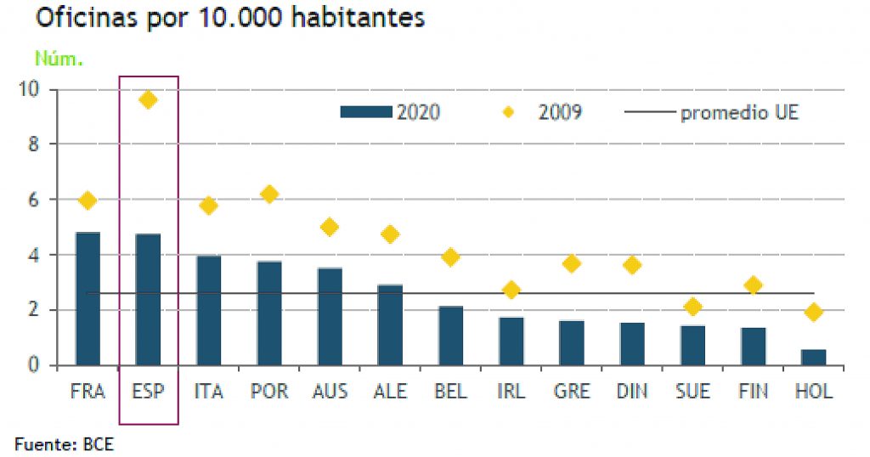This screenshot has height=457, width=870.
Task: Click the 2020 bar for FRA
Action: (88, 298)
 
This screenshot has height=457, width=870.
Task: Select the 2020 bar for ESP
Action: (148, 299)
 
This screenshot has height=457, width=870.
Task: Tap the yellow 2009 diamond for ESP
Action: (148, 100)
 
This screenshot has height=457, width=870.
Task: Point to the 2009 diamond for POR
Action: (269, 194)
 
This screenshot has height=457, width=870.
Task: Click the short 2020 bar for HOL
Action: (813, 357)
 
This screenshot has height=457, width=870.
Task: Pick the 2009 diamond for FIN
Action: (753, 285)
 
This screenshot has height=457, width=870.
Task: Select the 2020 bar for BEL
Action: (451, 336)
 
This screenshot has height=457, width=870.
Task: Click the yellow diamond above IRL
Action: (511, 290)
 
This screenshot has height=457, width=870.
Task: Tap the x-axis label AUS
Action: (330, 392)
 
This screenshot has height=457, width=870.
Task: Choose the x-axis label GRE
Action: (572, 392)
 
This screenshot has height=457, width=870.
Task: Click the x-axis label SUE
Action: (692, 392)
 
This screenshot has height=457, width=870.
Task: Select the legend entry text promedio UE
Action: (739, 112)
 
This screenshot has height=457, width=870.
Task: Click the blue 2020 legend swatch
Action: (365, 112)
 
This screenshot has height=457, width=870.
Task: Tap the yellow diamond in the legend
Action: (509, 112)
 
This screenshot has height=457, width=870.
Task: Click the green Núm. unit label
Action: (59, 59)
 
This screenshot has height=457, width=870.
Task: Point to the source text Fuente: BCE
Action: (64, 444)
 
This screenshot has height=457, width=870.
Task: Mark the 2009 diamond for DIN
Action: (632, 265)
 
